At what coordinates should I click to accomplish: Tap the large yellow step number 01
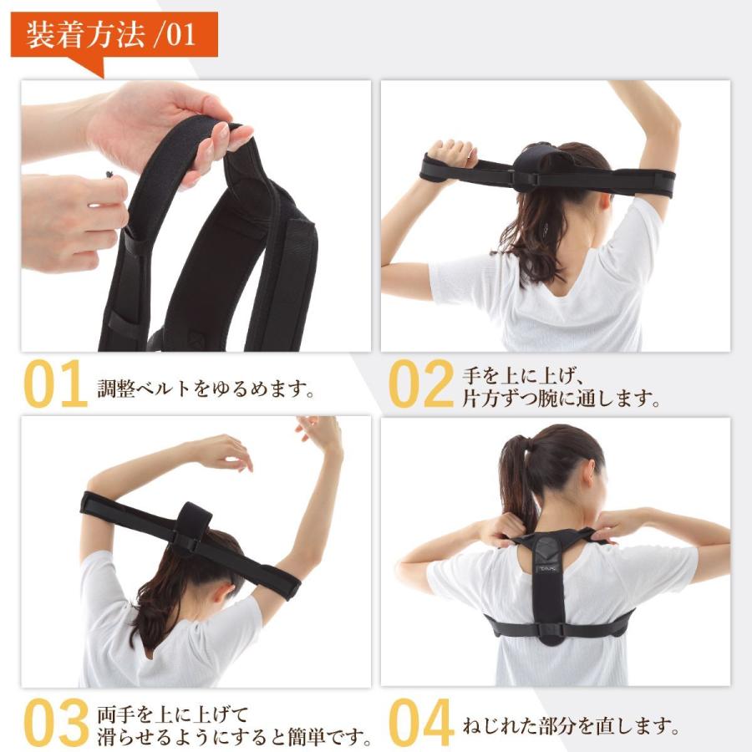55,384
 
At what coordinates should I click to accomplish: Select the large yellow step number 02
421,384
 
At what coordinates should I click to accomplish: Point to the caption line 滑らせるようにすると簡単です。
234,738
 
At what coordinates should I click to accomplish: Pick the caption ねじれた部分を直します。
569,725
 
